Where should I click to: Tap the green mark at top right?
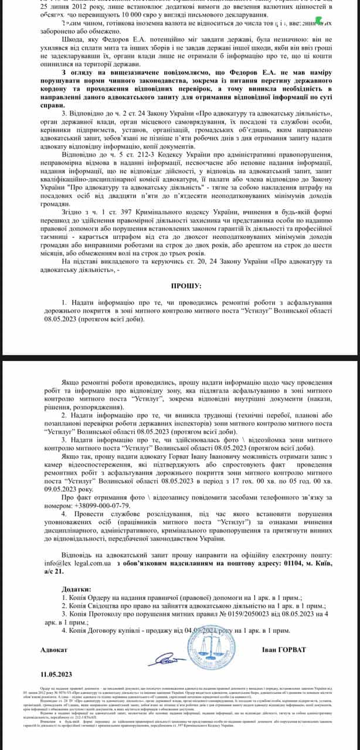click(318, 21)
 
